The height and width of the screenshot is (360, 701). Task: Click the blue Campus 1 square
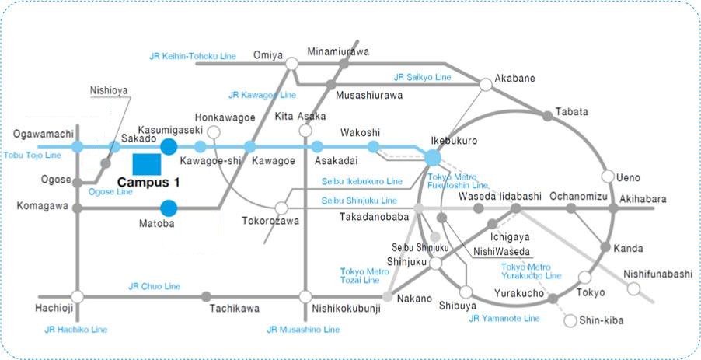click(x=147, y=165)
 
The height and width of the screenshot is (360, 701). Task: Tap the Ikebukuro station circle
click(x=433, y=157)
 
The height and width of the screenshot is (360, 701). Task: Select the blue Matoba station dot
click(x=168, y=208)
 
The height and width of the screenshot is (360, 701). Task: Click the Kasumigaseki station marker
click(x=168, y=145)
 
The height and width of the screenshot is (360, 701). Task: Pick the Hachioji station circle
click(x=77, y=296)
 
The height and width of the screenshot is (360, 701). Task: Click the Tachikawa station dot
click(x=206, y=296)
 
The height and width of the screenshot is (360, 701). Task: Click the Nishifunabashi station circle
click(x=634, y=288)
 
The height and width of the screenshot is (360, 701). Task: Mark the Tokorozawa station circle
click(x=281, y=208)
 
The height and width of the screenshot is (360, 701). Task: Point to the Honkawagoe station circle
click(x=214, y=132)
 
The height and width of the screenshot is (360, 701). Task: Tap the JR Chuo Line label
click(x=154, y=286)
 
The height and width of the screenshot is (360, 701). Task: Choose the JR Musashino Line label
click(x=303, y=330)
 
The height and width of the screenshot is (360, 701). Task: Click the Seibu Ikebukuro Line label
click(x=362, y=181)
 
